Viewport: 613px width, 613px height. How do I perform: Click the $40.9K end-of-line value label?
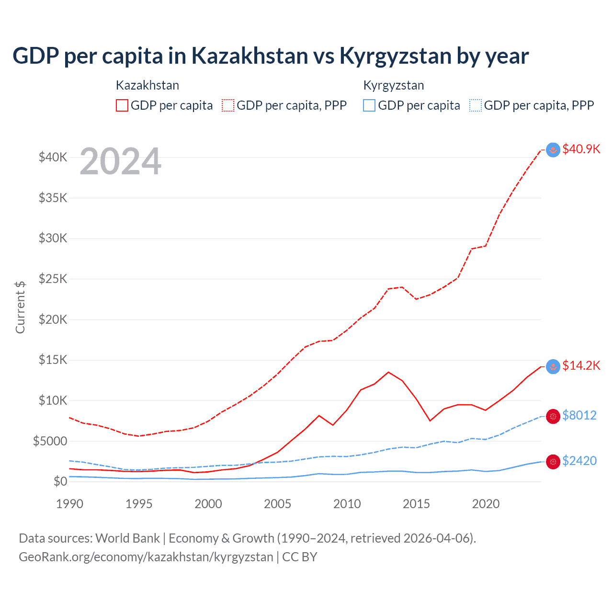tap(581, 149)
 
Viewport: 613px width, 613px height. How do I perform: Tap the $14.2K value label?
tap(581, 366)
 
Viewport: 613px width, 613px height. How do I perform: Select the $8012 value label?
tap(579, 415)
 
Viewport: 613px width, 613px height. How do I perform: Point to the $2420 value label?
tap(579, 461)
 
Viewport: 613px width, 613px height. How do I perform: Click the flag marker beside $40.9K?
tap(553, 150)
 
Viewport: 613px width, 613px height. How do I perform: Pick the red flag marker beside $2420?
tap(553, 462)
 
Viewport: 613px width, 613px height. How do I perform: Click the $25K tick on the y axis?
tap(53, 279)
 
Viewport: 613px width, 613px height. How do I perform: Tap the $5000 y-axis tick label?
tap(50, 441)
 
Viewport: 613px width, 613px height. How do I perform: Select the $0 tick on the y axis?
tap(60, 481)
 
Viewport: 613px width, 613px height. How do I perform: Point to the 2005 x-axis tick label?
tap(278, 504)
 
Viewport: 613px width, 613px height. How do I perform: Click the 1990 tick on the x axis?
tap(70, 504)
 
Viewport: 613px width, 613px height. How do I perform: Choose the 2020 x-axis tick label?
tap(486, 504)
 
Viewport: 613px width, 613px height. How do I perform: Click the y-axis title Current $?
tap(20, 307)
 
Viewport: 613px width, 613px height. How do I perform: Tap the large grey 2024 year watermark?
tap(120, 162)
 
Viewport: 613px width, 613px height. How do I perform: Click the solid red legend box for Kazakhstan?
tap(122, 105)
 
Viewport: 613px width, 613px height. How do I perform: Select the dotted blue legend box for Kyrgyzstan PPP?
tap(476, 105)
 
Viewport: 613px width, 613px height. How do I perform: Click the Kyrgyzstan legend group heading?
tap(394, 86)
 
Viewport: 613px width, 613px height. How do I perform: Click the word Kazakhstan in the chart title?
tap(250, 56)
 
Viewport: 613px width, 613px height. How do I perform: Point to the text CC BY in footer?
tap(300, 557)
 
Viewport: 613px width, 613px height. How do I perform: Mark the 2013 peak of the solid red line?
tap(388, 372)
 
